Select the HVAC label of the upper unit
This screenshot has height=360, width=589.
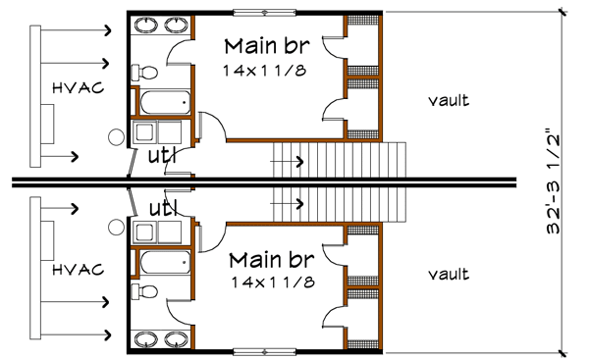click(x=73, y=91)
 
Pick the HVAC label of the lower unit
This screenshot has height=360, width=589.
click(x=73, y=267)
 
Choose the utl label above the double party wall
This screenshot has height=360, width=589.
click(x=161, y=155)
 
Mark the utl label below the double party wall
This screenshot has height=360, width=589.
click(x=161, y=208)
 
